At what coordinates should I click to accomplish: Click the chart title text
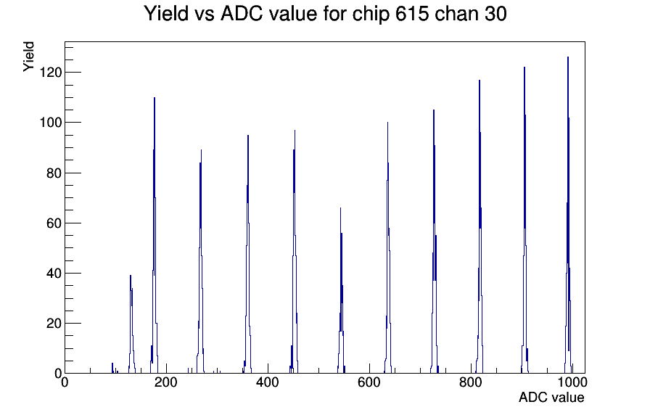(x=325, y=14)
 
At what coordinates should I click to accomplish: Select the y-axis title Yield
(x=28, y=57)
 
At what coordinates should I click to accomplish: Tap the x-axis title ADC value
(x=551, y=397)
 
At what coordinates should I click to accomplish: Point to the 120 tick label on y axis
(x=50, y=73)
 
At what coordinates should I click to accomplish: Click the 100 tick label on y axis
(x=50, y=123)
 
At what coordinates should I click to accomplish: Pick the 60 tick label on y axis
(x=54, y=223)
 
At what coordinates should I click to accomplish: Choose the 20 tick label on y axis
(x=54, y=324)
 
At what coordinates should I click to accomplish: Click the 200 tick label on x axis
(x=166, y=382)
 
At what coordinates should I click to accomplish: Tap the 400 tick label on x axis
(x=268, y=382)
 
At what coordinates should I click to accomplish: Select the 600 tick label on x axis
(x=369, y=382)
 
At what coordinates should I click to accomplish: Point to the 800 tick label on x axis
(x=471, y=382)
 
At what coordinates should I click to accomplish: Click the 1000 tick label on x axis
(x=572, y=382)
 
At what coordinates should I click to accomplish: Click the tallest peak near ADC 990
(x=568, y=215)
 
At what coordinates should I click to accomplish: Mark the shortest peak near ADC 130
(x=131, y=324)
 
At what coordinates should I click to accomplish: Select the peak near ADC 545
(x=341, y=290)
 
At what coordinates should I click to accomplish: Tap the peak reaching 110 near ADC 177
(x=155, y=237)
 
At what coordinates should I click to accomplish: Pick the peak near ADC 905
(x=524, y=220)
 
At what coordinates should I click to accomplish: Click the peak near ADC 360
(x=248, y=253)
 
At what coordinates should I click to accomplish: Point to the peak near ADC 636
(x=387, y=249)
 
